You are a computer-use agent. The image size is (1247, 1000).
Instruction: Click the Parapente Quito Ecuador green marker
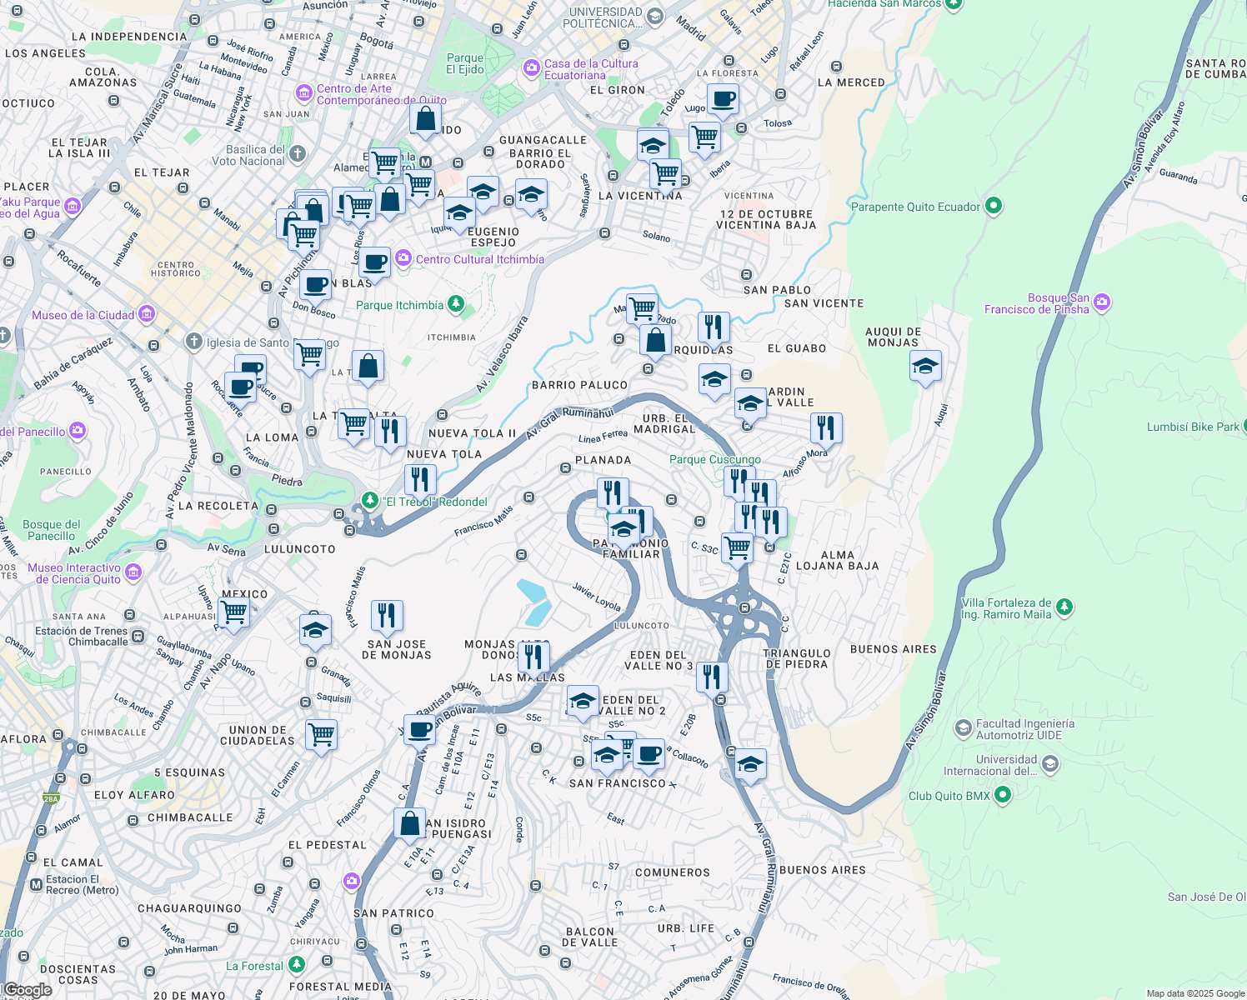[x=993, y=206]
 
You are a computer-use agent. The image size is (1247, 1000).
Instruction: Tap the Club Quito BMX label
[x=949, y=796]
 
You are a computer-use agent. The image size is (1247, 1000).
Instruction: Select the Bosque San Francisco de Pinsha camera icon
[x=1102, y=302]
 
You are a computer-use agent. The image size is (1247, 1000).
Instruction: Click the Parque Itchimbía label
[x=399, y=305]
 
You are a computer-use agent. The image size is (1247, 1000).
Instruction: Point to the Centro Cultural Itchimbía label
[x=479, y=259]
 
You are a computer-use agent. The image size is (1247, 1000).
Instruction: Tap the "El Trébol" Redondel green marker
[x=369, y=501]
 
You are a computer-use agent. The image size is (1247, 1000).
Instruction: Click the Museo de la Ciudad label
[x=83, y=315]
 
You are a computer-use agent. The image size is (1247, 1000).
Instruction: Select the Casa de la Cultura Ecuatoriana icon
[x=531, y=68]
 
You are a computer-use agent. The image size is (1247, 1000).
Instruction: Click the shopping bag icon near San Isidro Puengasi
[x=409, y=824]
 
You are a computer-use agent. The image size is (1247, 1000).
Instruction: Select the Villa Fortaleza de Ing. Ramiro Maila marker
[x=1064, y=607]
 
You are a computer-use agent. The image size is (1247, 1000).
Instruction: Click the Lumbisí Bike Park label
[x=1192, y=427]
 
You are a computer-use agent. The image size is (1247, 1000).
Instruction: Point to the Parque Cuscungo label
[x=714, y=459]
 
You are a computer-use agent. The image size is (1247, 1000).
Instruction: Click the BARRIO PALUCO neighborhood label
[x=579, y=385]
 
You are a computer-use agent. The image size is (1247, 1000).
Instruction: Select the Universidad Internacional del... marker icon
[x=1049, y=763]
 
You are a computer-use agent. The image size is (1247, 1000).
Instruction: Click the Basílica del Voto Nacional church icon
[x=298, y=154]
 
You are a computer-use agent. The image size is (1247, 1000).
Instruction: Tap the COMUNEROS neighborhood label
[x=672, y=872]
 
